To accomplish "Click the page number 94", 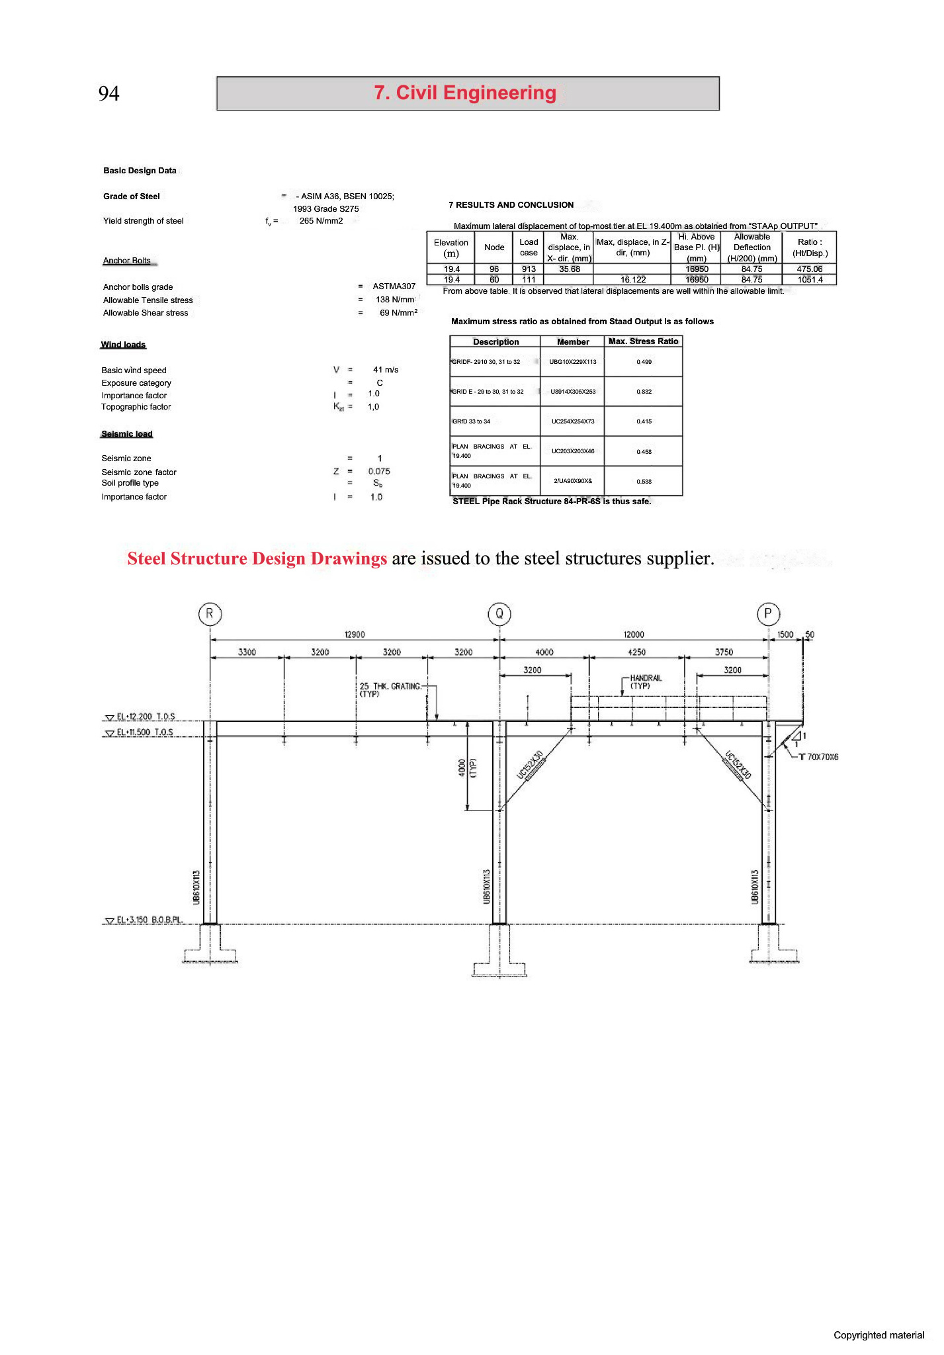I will pos(109,93).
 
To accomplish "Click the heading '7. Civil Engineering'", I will pos(466,93).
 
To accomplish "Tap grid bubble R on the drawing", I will pos(210,614).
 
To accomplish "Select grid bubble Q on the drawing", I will pos(499,614).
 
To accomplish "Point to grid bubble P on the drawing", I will pos(768,614).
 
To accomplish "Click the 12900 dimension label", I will pos(355,634).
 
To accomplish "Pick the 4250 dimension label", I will pos(636,652).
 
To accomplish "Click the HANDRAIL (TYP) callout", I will pos(645,681).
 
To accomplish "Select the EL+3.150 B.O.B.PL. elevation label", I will pos(149,920).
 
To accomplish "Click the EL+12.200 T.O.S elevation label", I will pos(146,717).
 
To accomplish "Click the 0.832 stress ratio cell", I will pos(644,392).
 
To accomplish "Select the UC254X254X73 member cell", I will pos(573,421).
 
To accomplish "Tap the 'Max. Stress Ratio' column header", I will pos(643,341).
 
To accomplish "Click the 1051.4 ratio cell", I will pos(810,280).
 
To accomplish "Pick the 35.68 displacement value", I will pos(569,269).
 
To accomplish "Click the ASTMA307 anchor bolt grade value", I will pos(394,286).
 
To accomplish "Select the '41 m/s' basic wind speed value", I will pos(386,370).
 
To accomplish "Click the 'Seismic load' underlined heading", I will pos(127,434).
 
